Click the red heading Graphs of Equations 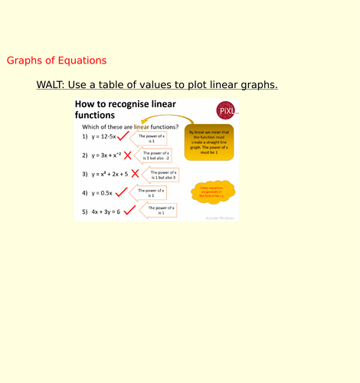click(57, 61)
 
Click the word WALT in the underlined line click(52, 84)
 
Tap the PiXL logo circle click(226, 111)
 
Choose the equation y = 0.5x click(103, 193)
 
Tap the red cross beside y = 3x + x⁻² click(128, 155)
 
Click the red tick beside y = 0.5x click(120, 192)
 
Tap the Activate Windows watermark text click(219, 218)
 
